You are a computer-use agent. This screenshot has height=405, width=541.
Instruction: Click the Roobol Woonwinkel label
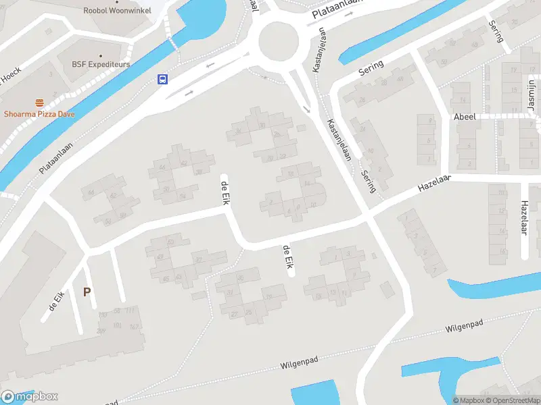117,11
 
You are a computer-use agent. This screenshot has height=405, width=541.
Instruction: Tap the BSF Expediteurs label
101,65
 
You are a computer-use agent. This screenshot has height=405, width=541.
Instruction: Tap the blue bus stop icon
162,79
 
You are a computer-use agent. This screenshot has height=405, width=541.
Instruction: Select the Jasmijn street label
532,95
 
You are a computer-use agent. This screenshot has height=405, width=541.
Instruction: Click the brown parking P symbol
86,292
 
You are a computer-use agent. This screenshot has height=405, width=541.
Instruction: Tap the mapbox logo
30,397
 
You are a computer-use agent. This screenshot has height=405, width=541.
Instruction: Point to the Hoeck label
11,79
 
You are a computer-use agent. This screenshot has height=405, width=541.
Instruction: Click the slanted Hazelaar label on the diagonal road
434,184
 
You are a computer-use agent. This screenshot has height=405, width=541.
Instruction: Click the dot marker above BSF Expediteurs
101,56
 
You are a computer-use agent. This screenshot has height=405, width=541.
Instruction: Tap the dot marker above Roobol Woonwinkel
117,2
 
